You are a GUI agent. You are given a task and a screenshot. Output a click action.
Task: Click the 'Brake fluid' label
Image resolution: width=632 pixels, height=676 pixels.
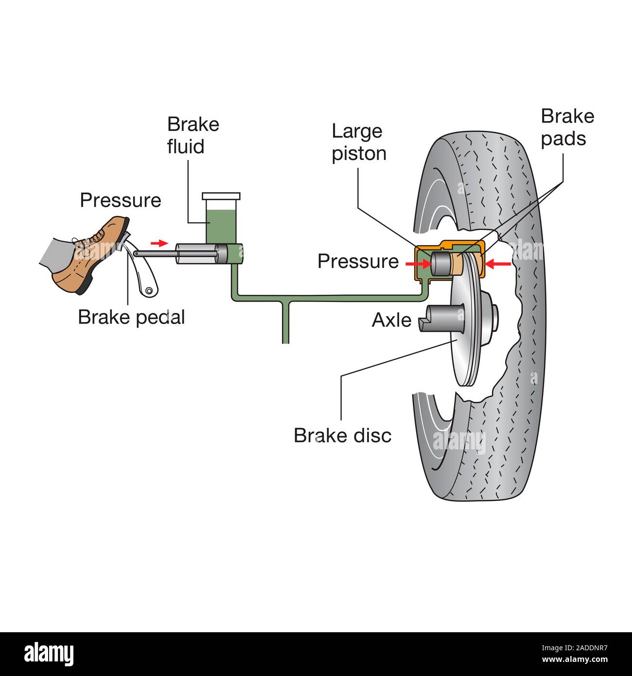click(193, 135)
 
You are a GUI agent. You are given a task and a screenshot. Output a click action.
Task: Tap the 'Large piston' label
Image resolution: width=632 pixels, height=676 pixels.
click(359, 142)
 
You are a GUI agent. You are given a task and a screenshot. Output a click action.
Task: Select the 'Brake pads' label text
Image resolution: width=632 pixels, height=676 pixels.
click(567, 127)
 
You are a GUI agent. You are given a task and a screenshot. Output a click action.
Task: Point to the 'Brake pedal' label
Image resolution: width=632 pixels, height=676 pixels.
click(131, 317)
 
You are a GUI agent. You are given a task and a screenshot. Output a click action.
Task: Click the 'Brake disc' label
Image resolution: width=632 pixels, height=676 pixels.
click(342, 435)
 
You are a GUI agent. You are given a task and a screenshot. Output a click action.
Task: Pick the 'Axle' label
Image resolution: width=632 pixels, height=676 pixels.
click(391, 320)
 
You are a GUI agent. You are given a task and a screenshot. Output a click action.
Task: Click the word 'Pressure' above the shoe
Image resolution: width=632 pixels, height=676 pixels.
click(120, 200)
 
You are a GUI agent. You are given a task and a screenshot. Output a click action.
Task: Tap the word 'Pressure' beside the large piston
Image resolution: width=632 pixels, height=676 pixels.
click(358, 261)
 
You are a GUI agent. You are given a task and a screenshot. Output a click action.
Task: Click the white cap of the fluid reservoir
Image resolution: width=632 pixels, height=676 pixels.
click(221, 196)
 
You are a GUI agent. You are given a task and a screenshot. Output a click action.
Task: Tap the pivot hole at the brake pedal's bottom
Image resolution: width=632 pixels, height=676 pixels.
click(148, 291)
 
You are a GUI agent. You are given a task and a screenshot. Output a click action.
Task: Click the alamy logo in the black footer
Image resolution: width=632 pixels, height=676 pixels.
click(49, 654)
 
